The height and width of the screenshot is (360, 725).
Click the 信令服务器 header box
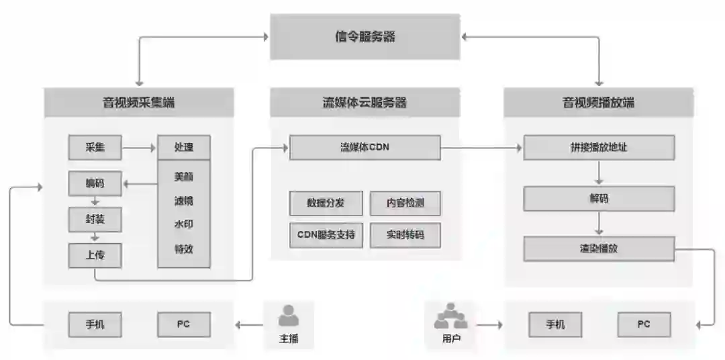pos(365,37)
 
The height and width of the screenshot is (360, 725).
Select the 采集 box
pos(95,147)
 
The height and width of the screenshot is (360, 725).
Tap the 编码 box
pos(95,183)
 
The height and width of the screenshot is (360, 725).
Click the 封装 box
pos(95,219)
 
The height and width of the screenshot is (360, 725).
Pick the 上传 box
pos(95,255)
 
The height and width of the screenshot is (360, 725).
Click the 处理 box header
pos(183,147)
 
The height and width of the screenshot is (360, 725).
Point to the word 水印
pos(183,224)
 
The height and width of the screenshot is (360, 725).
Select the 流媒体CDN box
pos(365,147)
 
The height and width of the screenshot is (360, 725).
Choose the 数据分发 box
pos(326,203)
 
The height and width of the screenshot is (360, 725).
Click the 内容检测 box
pos(405,203)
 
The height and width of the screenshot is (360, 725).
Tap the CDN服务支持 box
pos(326,235)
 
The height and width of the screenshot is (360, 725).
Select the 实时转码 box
pos(405,235)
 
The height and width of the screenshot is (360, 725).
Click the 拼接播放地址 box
pos(599,147)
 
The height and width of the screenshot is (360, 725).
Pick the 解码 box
pos(599,199)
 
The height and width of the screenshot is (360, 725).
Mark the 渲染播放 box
pos(599,249)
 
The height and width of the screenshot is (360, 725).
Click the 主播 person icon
pos(289,316)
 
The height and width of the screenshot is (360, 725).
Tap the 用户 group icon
pos(451,315)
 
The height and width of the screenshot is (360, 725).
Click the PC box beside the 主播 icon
pos(183,324)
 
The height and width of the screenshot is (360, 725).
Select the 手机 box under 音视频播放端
pos(555,325)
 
